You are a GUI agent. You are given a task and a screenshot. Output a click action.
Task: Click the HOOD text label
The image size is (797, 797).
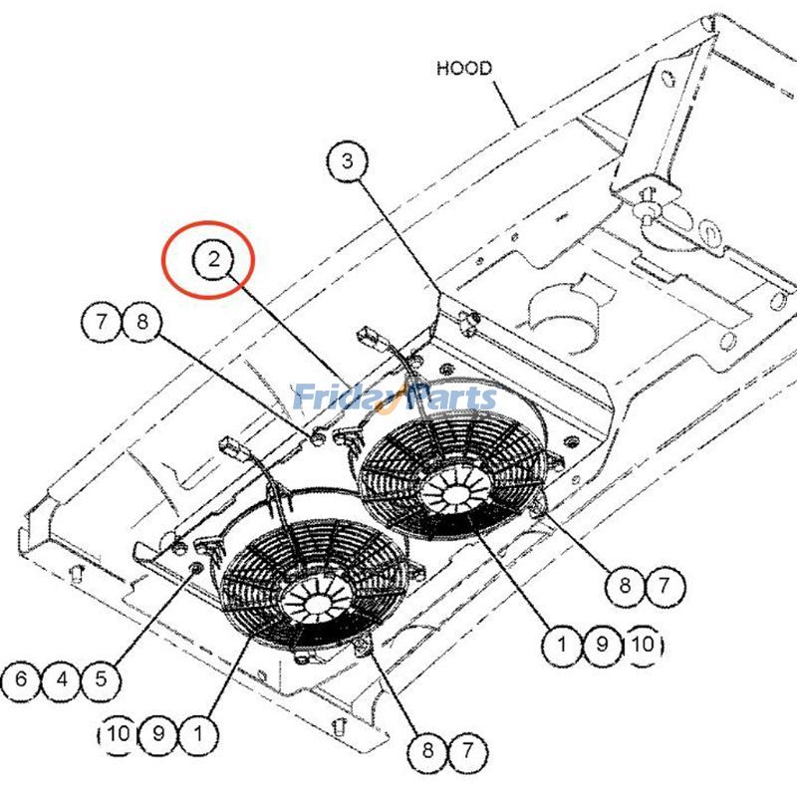click(464, 69)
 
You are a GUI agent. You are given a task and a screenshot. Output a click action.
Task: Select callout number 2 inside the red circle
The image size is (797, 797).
click(213, 261)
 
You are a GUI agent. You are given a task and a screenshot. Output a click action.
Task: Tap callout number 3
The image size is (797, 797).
click(347, 162)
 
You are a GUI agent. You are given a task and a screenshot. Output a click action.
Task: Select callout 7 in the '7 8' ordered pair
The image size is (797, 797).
click(102, 322)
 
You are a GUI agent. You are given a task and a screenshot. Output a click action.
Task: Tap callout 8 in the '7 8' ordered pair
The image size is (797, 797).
click(141, 322)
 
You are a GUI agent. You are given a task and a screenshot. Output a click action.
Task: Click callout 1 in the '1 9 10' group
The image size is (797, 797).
click(562, 645)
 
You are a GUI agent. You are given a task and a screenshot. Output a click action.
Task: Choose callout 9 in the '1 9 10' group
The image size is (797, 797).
click(602, 645)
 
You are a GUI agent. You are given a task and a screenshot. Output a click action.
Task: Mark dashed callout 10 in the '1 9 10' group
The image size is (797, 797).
click(643, 645)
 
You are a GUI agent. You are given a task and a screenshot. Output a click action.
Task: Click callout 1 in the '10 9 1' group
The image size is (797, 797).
click(199, 735)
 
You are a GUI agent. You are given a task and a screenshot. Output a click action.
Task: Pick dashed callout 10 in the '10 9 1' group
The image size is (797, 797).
click(118, 735)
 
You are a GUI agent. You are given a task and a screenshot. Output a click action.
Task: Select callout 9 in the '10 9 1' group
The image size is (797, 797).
click(158, 735)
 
